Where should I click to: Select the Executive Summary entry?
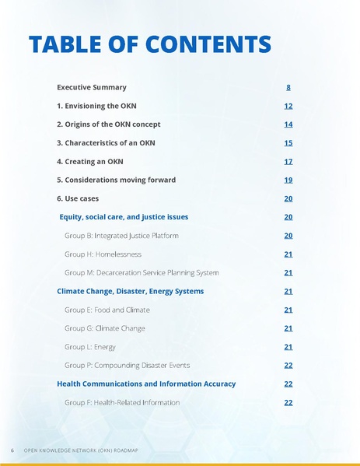point(92,87)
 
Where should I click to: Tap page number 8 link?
point(288,87)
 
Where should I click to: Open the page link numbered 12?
point(288,106)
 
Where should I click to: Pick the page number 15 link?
point(288,143)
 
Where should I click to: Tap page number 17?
point(288,162)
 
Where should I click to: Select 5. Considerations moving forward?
point(117,180)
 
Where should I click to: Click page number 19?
point(288,180)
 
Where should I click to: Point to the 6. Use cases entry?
point(78,198)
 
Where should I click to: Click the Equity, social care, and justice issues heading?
point(124,217)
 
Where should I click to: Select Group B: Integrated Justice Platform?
point(121,236)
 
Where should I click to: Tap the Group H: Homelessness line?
point(103,254)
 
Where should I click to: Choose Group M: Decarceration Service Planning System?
point(142,273)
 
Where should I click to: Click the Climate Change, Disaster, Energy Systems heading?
point(131,291)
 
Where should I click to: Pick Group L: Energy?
point(90,347)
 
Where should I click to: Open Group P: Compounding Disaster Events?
point(127,366)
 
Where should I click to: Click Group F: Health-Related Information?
point(122,403)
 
